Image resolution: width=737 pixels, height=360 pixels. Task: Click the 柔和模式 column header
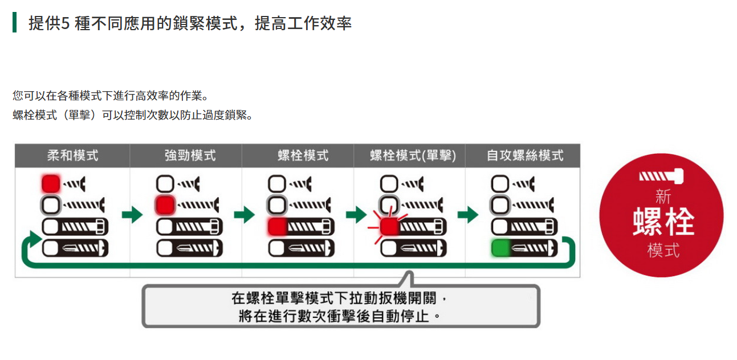tap(72, 156)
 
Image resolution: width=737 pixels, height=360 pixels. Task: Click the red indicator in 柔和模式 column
tap(51, 183)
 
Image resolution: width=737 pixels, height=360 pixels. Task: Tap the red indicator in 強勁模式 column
tap(165, 204)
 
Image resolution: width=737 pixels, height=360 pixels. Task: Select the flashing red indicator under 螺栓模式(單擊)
tap(389, 227)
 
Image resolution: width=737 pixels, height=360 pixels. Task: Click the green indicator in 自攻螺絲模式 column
tap(500, 248)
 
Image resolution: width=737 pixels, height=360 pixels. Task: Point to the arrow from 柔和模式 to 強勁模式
tap(132, 215)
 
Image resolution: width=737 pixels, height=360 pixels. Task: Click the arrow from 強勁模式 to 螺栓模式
tap(244, 215)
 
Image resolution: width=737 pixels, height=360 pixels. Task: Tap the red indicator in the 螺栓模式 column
tap(277, 227)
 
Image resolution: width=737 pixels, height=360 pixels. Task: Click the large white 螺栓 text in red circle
tap(663, 222)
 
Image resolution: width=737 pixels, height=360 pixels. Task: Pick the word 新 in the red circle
tap(663, 197)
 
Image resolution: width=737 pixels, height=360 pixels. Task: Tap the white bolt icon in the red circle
tap(663, 177)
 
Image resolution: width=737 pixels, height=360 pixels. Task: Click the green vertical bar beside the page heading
tap(14, 23)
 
